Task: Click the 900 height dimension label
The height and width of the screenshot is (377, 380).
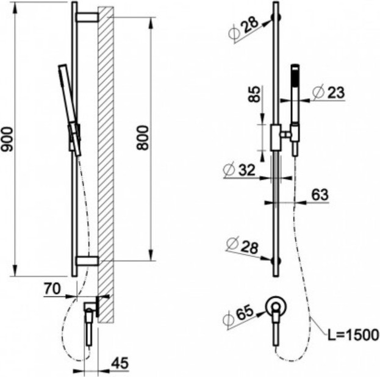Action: click(7, 139)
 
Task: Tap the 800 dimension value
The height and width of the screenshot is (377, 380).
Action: click(142, 138)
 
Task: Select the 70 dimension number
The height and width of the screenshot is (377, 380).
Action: click(52, 289)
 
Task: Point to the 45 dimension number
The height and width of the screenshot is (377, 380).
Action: click(120, 363)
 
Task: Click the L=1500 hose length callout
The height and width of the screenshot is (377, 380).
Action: click(353, 335)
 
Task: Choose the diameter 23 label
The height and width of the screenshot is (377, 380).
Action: click(328, 92)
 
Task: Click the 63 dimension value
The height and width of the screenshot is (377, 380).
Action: click(320, 195)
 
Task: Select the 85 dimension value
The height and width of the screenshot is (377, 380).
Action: click(254, 94)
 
